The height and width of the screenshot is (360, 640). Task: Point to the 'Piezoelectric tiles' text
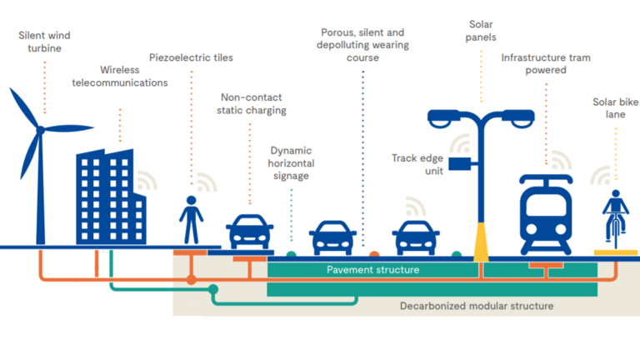[191, 57]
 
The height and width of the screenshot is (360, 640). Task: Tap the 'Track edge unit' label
[419, 165]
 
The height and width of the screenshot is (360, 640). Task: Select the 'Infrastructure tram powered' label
[546, 64]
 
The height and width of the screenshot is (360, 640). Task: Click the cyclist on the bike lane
[615, 218]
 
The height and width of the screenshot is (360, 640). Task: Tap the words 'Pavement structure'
[372, 271]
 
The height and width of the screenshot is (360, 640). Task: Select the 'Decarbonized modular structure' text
[476, 306]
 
